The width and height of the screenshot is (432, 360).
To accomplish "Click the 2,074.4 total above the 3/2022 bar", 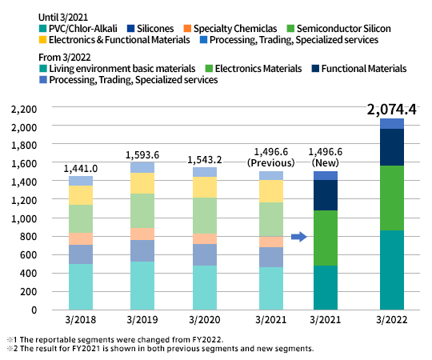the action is tap(391, 110).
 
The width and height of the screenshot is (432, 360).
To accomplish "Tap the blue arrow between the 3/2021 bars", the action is tap(299, 236).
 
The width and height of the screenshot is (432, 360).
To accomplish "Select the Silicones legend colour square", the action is tap(130, 28).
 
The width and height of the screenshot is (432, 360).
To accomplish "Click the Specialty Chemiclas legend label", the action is tap(235, 29).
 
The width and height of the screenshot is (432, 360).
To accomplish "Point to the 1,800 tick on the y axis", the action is tap(24, 145).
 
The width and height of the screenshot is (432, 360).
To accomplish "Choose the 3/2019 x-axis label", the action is tap(142, 319).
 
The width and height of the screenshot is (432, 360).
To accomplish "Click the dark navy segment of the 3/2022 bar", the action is tap(392, 147).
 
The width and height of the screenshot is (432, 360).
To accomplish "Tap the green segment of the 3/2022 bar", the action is tap(392, 198).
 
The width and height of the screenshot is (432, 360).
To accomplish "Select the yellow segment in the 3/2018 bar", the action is tap(81, 195).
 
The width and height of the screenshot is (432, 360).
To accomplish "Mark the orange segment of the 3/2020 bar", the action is tap(205, 239).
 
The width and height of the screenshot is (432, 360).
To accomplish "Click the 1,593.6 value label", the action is tap(142, 155).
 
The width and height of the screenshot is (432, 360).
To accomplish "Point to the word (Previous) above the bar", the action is tap(271, 162).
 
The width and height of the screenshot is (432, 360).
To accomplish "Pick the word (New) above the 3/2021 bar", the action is tap(326, 162).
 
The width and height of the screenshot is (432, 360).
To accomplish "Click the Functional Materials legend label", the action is tap(364, 69).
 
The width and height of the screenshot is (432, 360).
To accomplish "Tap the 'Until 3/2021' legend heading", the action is tap(63, 18).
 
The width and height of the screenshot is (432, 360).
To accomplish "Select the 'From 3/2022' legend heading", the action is tap(65, 58).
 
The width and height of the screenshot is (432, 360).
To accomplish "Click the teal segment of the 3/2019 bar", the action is tap(142, 286).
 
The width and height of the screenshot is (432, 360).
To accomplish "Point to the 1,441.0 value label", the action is tap(81, 169).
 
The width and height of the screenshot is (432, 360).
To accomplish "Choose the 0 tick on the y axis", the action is tap(34, 310).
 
